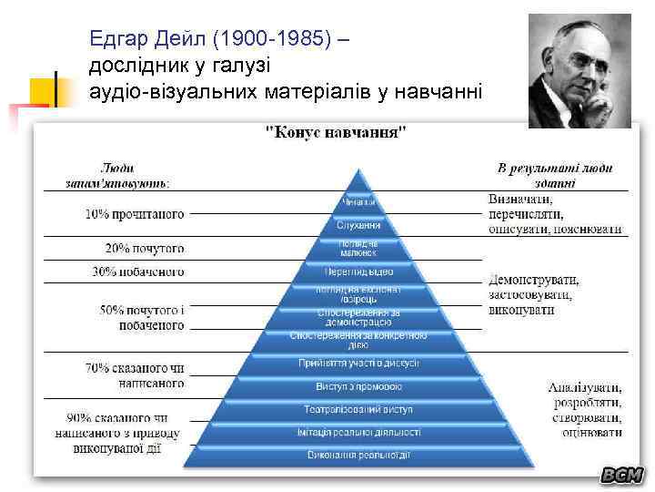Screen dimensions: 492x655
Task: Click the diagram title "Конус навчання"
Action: (336, 132)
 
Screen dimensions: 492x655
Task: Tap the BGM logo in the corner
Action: (621, 475)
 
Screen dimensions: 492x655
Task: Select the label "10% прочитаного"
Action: (135, 215)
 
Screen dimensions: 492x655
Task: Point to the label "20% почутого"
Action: (144, 248)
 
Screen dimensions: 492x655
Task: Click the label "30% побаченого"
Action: (137, 272)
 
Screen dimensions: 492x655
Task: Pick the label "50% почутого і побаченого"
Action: (141, 318)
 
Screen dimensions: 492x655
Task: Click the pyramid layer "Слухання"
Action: (358, 225)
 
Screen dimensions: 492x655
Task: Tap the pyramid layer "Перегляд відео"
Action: (358, 272)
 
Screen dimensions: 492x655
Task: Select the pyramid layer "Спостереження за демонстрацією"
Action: (358, 317)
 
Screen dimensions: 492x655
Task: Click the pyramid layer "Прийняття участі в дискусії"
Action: (358, 363)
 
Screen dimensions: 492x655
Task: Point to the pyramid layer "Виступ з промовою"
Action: (358, 385)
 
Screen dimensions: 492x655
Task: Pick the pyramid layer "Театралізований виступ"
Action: (358, 409)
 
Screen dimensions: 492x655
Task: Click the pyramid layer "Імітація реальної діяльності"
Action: (358, 432)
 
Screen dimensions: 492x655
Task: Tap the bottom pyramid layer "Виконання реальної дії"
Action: (358, 455)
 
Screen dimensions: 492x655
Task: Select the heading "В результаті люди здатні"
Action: (554, 175)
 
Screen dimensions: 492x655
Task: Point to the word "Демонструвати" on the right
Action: (533, 280)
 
